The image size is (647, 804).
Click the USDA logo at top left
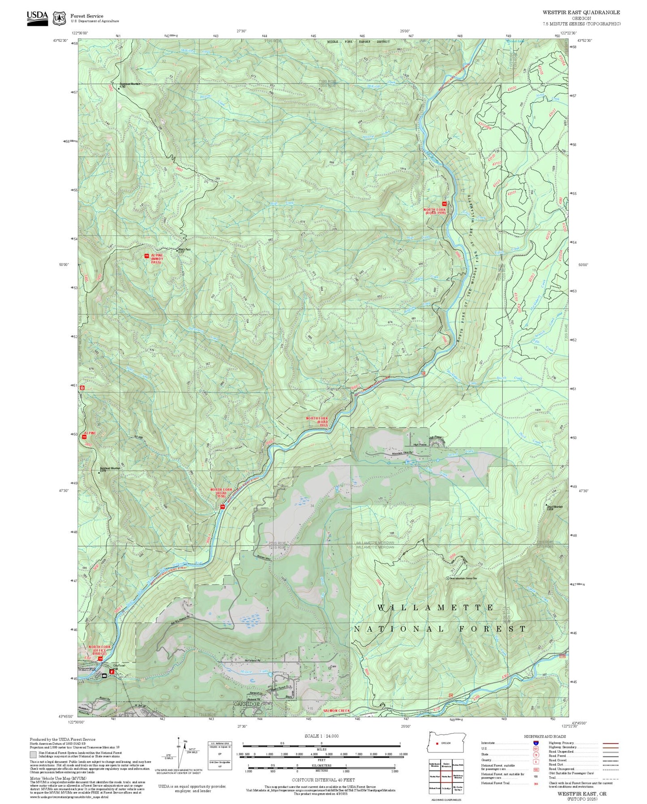point(37,18)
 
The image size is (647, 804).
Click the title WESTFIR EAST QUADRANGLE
point(581,12)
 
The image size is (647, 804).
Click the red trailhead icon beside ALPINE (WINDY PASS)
point(146,256)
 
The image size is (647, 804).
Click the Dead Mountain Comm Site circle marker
point(447,578)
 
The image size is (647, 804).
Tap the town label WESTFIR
point(87,669)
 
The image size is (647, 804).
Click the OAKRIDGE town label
point(246,705)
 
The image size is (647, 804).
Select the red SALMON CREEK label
point(336,711)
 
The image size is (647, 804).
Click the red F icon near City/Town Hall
point(111,672)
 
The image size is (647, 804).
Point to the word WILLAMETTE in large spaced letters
point(435,608)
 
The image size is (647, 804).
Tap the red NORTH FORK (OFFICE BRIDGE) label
point(99,650)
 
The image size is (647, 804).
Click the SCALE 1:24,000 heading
point(321,736)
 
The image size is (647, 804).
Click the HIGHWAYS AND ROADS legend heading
point(545,736)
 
